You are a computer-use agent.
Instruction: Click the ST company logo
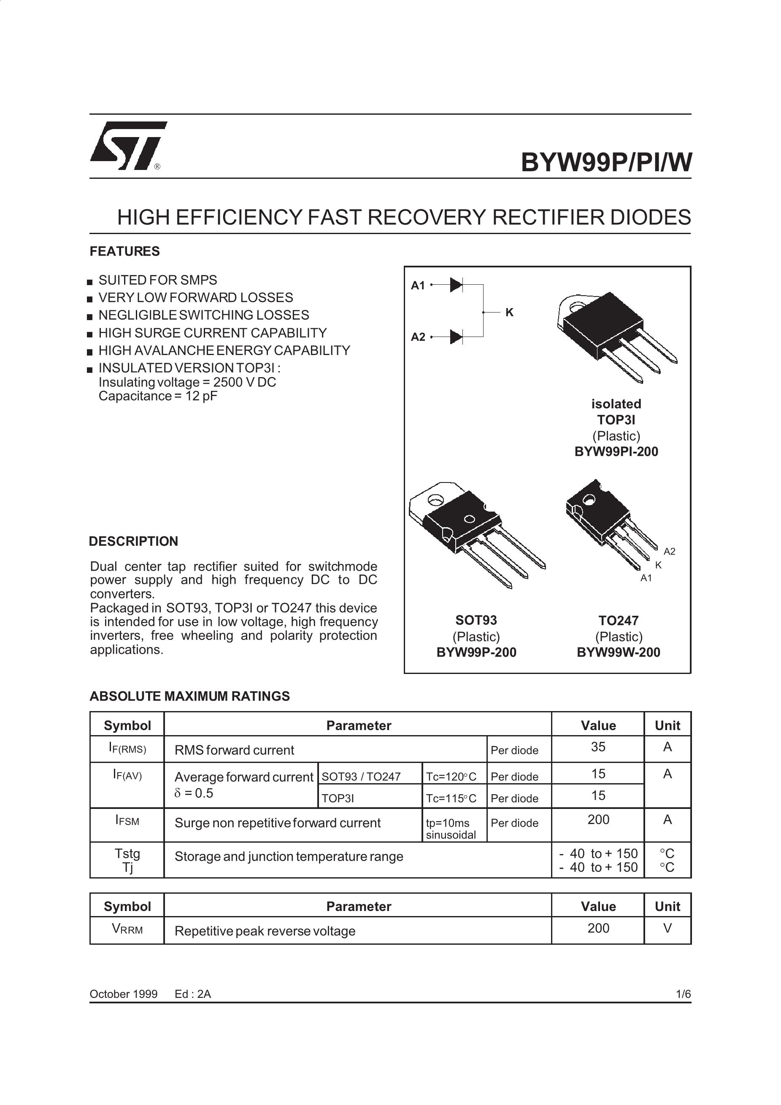pyautogui.click(x=128, y=146)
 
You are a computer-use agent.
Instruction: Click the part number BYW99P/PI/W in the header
pyautogui.click(x=606, y=162)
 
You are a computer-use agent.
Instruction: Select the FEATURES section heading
pyautogui.click(x=125, y=251)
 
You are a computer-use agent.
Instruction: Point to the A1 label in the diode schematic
pyautogui.click(x=418, y=286)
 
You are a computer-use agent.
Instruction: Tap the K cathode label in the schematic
pyautogui.click(x=509, y=313)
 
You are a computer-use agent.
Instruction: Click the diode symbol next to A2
pyautogui.click(x=456, y=337)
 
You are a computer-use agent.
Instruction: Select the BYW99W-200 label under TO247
pyautogui.click(x=619, y=652)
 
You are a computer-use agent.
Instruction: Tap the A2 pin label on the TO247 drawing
pyautogui.click(x=669, y=552)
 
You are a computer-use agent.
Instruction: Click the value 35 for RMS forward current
pyautogui.click(x=598, y=747)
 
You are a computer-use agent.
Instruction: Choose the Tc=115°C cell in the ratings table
pyautogui.click(x=451, y=798)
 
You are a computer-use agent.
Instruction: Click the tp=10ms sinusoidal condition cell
pyautogui.click(x=451, y=829)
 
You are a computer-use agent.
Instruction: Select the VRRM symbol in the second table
pyautogui.click(x=127, y=928)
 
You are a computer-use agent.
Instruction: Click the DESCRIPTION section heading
pyautogui.click(x=133, y=542)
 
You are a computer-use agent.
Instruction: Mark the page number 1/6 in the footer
pyautogui.click(x=683, y=994)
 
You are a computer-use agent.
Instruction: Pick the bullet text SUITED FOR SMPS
pyautogui.click(x=158, y=280)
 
